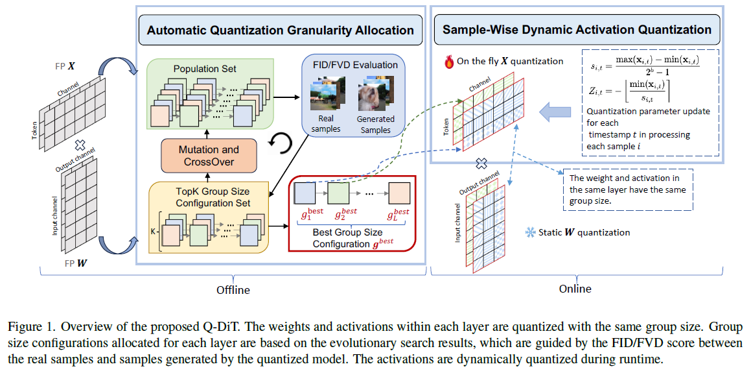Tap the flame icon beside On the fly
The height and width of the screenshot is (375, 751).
point(449,62)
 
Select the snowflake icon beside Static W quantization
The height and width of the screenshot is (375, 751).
point(530,232)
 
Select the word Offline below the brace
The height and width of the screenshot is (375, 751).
point(233,290)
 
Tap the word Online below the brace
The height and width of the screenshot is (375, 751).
point(575,289)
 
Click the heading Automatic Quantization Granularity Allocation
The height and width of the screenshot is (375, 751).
point(280,30)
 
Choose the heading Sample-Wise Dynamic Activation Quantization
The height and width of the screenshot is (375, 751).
point(577,30)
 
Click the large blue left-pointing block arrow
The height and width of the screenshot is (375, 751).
point(555,113)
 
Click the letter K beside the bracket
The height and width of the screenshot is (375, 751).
point(153,230)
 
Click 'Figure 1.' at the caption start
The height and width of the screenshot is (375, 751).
point(27,328)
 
